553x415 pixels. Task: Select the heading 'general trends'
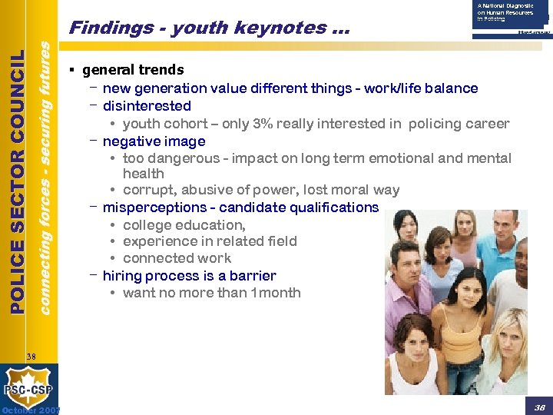pyautogui.click(x=133, y=70)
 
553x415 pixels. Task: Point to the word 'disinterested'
pyautogui.click(x=147, y=106)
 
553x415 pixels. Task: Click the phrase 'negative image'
pyautogui.click(x=154, y=141)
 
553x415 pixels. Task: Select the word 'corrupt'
pyautogui.click(x=148, y=191)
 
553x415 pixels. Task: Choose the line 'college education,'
pyautogui.click(x=184, y=225)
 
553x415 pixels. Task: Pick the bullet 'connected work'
pyautogui.click(x=177, y=258)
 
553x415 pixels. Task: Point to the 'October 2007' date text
pyautogui.click(x=31, y=410)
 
